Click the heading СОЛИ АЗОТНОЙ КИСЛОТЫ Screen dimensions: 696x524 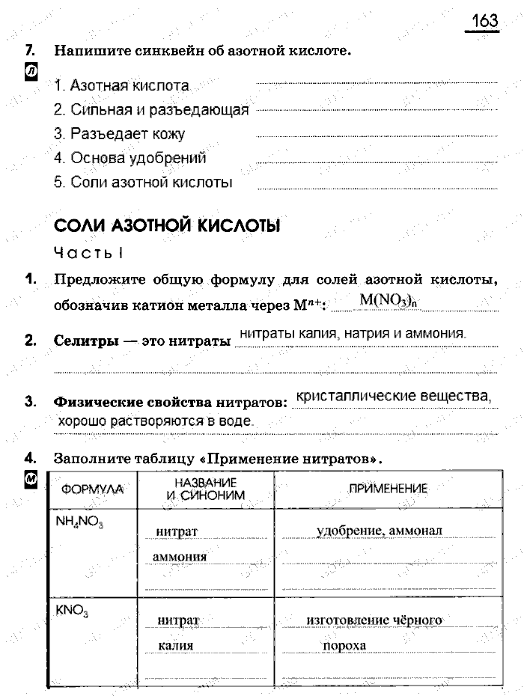click(x=167, y=226)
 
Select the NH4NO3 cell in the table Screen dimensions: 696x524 click(x=79, y=522)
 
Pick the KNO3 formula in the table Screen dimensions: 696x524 click(x=72, y=611)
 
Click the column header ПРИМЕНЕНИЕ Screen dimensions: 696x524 click(x=388, y=489)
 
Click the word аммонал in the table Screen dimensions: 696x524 click(x=415, y=531)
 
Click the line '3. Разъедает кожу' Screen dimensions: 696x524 click(x=119, y=134)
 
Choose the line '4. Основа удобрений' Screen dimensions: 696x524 click(x=130, y=158)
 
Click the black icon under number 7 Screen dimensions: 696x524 click(x=31, y=73)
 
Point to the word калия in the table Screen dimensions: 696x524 click(x=176, y=645)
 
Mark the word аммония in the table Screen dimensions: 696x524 click(x=180, y=558)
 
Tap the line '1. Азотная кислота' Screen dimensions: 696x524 click(x=121, y=86)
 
